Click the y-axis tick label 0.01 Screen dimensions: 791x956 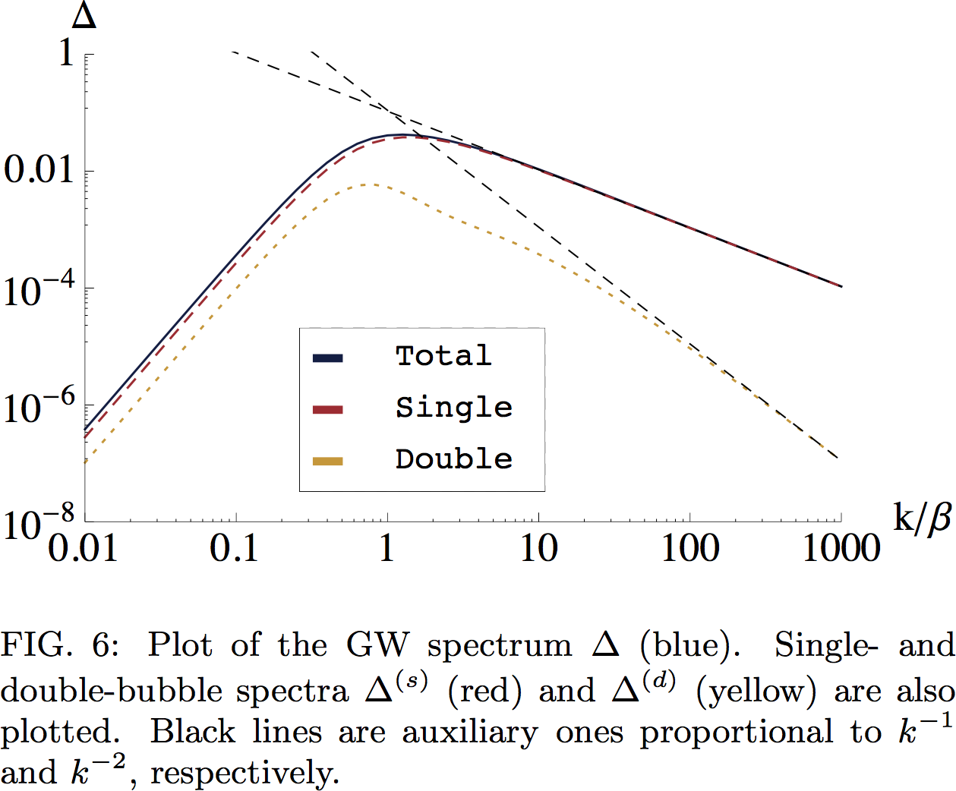point(39,170)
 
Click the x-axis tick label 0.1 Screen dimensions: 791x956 point(235,547)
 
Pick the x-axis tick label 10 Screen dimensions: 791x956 point(539,547)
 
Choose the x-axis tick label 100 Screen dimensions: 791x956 point(689,547)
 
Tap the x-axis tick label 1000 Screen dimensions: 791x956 point(841,547)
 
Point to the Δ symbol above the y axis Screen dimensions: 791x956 point(84,15)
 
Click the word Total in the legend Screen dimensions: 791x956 point(443,355)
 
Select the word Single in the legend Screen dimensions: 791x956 point(454,408)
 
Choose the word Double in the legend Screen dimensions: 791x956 point(454,459)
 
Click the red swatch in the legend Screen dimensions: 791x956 point(328,410)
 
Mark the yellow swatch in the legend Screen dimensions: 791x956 point(328,462)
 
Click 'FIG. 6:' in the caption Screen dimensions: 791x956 point(59,645)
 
